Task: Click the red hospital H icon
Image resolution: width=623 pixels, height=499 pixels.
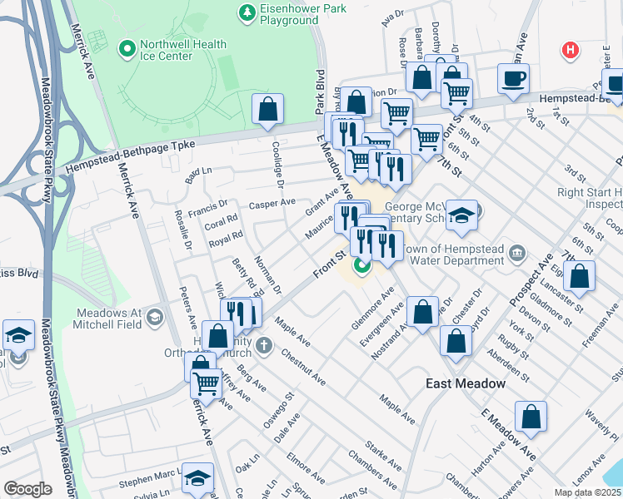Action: pos(571,51)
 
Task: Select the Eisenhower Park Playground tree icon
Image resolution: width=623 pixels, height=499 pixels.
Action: pos(247,12)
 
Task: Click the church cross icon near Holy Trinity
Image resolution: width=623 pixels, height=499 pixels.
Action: pos(262,345)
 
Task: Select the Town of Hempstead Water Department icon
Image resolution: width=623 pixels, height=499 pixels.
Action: pos(516,252)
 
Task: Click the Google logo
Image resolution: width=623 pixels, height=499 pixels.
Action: pos(27,489)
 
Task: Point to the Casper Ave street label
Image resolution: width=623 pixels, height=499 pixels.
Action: pos(272,202)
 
